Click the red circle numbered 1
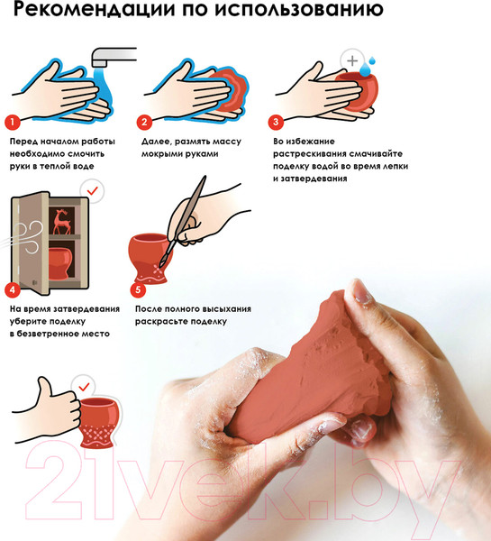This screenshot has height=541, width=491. (x=13, y=122)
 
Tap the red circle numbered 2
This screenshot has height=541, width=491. (x=144, y=122)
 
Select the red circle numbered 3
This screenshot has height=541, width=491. (x=276, y=122)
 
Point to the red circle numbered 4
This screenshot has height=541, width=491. (x=13, y=289)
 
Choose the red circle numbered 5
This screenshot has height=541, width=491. (x=138, y=289)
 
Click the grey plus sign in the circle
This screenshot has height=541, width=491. (x=352, y=61)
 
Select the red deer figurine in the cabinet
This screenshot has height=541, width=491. (x=62, y=222)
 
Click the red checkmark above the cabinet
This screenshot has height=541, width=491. (x=93, y=190)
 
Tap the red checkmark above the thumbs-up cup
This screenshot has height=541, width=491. (x=84, y=387)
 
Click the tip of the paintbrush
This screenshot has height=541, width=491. (x=160, y=265)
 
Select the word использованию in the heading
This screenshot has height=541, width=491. (x=299, y=8)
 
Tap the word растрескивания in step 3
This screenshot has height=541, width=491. (x=311, y=154)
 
